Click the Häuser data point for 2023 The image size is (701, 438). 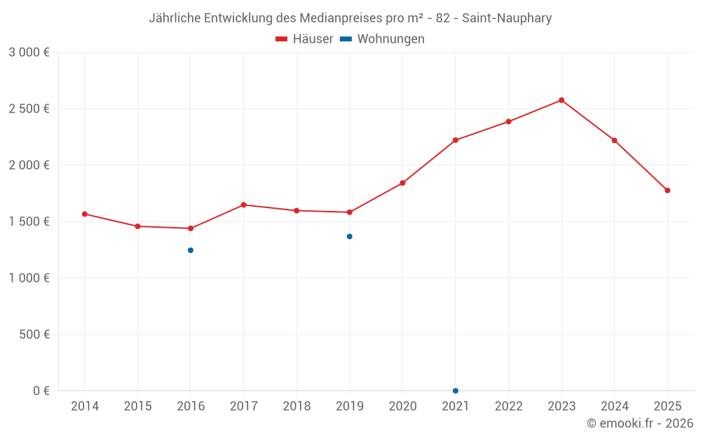coord(562,100)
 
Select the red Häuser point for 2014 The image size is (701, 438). coord(85,214)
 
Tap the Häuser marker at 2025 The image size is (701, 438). coord(667,191)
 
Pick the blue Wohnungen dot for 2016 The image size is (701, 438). coord(191,250)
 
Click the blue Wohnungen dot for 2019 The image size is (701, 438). coord(350,236)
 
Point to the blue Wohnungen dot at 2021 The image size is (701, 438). coord(456,390)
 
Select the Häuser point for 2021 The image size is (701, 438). coord(456,140)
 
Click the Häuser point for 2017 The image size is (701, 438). coord(243,205)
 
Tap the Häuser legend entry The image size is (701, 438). coord(305,39)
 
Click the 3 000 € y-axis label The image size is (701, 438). coord(29,53)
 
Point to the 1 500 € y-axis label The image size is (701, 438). coord(29,221)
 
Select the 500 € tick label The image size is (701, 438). coord(34,334)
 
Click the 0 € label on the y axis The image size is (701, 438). coord(41,390)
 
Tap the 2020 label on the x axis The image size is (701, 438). coord(402,406)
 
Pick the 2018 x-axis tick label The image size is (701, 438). coord(297,406)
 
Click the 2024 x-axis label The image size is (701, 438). coord(615,406)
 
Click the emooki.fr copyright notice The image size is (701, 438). coord(640,423)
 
